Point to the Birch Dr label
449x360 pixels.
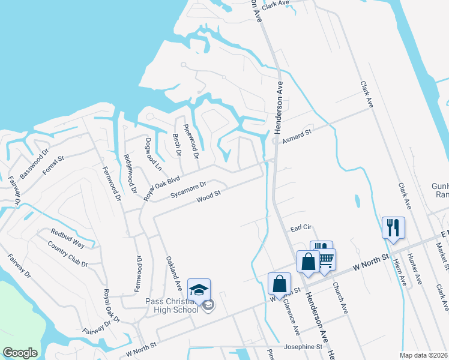coord(177,144)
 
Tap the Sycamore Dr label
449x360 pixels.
coord(188,190)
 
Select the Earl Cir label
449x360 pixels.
coord(303,228)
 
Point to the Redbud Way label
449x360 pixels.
coord(67,236)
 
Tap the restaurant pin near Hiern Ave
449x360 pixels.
coord(393,228)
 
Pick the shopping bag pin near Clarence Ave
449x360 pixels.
coord(279,284)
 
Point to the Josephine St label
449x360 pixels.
coord(303,347)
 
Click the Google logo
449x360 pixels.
coord(20,353)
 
